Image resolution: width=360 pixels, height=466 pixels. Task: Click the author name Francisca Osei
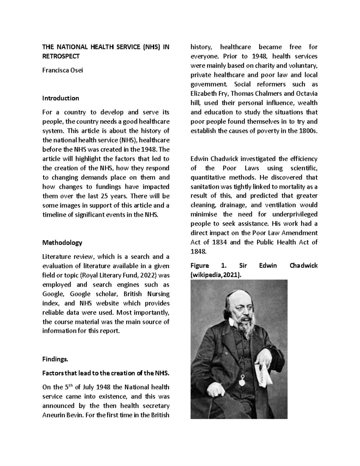coord(62,71)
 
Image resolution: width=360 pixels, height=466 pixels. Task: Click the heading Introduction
coord(61,98)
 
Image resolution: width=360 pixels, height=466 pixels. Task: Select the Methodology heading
coord(62,243)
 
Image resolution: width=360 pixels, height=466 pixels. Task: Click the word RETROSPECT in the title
coord(61,56)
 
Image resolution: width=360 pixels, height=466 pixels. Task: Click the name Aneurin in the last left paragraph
coord(54,415)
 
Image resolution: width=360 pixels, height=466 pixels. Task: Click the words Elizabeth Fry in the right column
coord(205,94)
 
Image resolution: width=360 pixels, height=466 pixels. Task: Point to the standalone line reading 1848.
coord(198,252)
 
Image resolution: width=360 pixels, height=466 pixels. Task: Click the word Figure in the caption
coord(199,266)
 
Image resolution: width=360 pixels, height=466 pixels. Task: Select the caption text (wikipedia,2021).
coord(216,275)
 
